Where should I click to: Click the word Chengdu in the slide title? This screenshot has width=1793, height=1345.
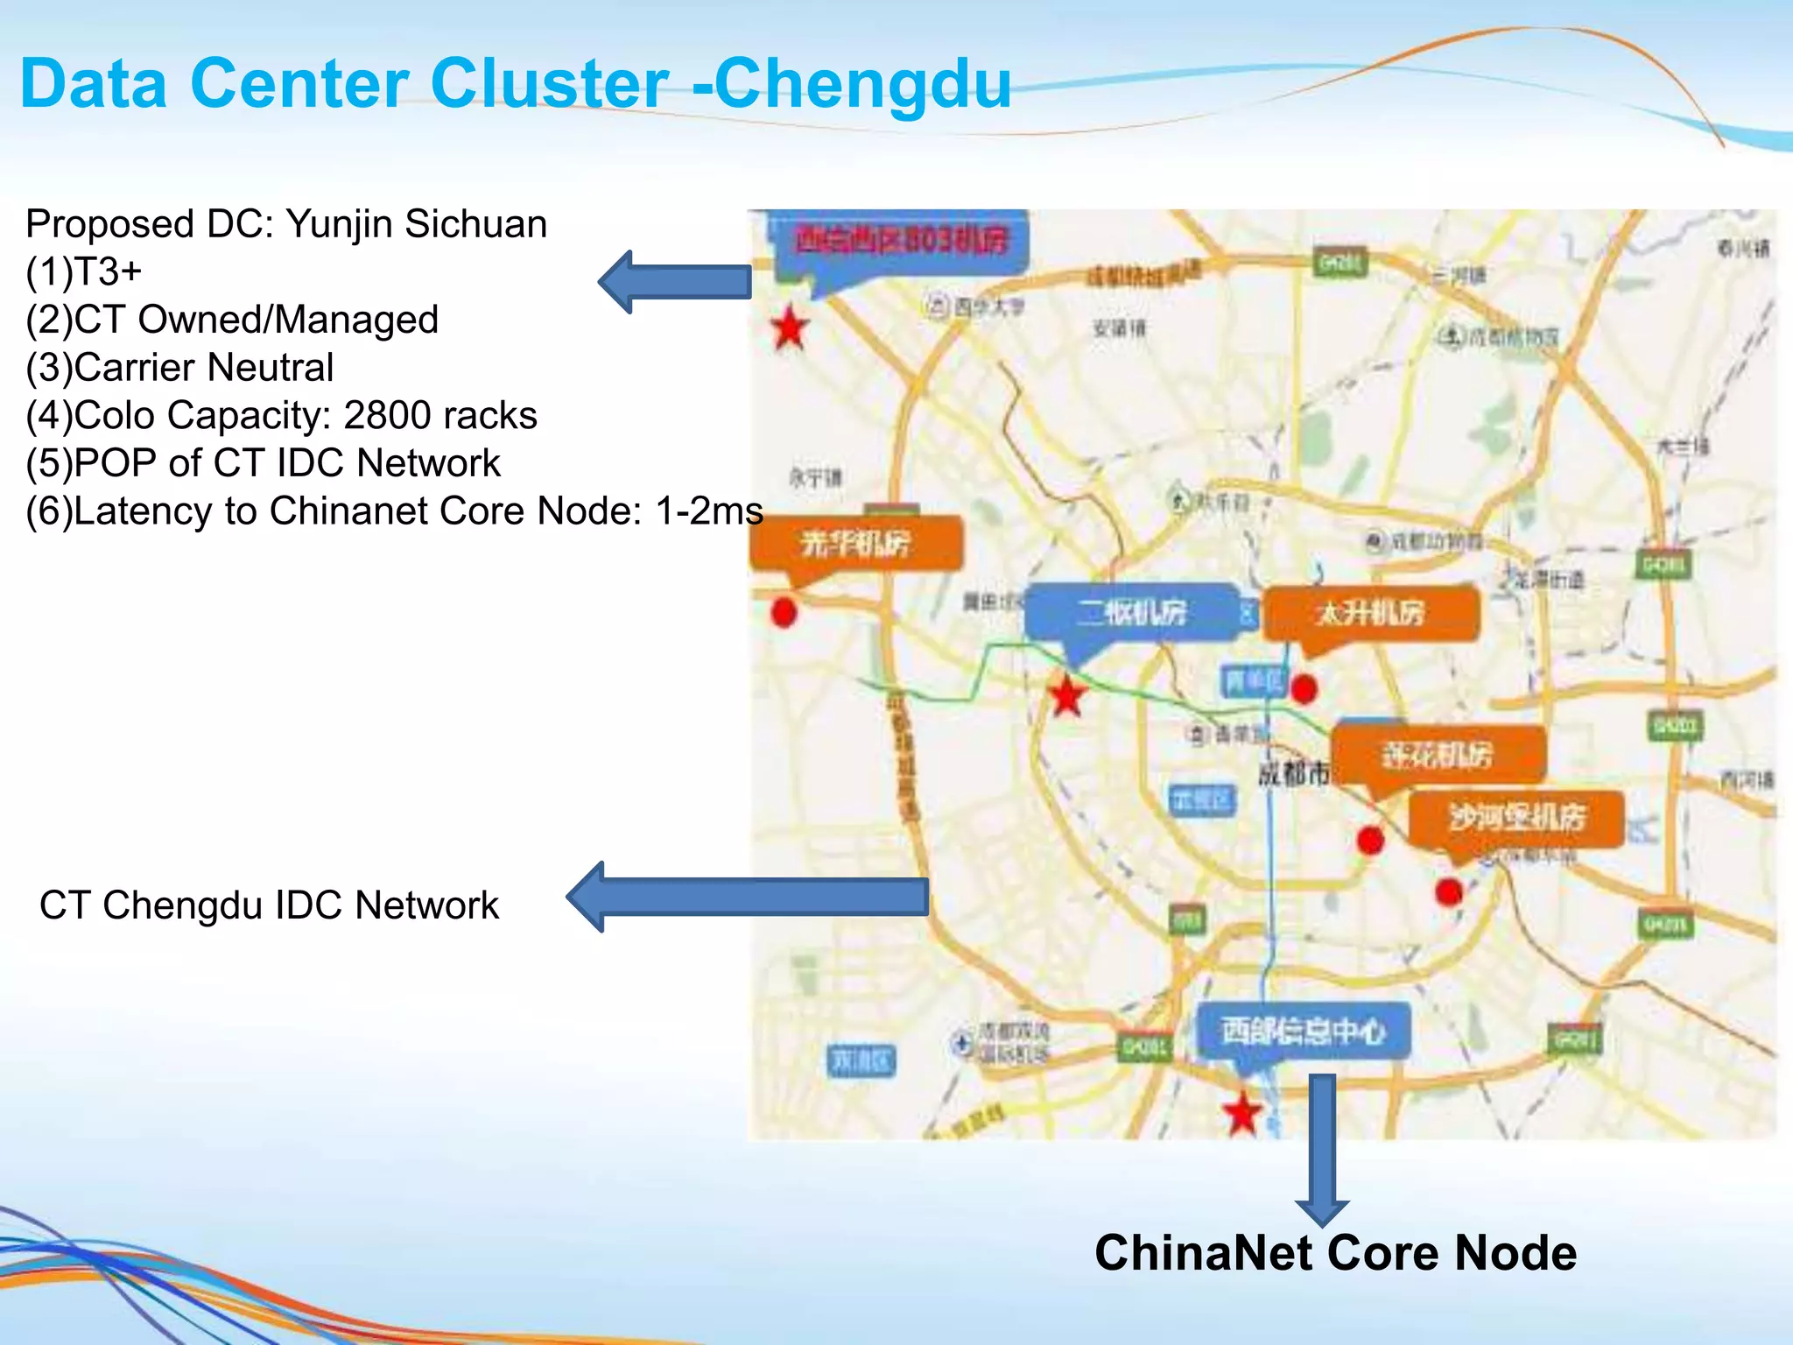(x=862, y=84)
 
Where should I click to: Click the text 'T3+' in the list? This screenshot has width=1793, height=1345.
(x=108, y=272)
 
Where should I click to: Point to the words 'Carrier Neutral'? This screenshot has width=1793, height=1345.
(x=203, y=368)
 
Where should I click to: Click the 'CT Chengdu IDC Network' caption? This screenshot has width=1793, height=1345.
(x=269, y=905)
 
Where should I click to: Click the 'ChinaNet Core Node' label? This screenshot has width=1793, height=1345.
(x=1335, y=1253)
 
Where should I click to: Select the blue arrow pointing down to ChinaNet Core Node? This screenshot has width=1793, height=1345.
(x=1322, y=1147)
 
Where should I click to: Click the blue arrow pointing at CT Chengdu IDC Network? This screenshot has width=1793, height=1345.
(x=749, y=897)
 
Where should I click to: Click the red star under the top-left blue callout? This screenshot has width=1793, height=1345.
(x=790, y=329)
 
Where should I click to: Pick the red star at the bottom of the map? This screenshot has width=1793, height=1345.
(x=1241, y=1113)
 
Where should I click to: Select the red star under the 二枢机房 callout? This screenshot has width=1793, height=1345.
(x=1067, y=696)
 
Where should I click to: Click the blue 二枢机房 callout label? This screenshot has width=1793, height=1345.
(x=1133, y=611)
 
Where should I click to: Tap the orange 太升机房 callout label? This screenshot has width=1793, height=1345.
(x=1370, y=613)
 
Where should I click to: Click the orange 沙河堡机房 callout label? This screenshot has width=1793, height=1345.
(x=1516, y=818)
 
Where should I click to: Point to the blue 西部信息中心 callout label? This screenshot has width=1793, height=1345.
(x=1303, y=1031)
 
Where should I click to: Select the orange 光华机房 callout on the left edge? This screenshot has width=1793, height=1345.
(x=855, y=543)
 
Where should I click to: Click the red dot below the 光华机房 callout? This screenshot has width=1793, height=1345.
(x=784, y=612)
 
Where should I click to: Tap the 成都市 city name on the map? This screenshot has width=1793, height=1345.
(x=1293, y=772)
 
